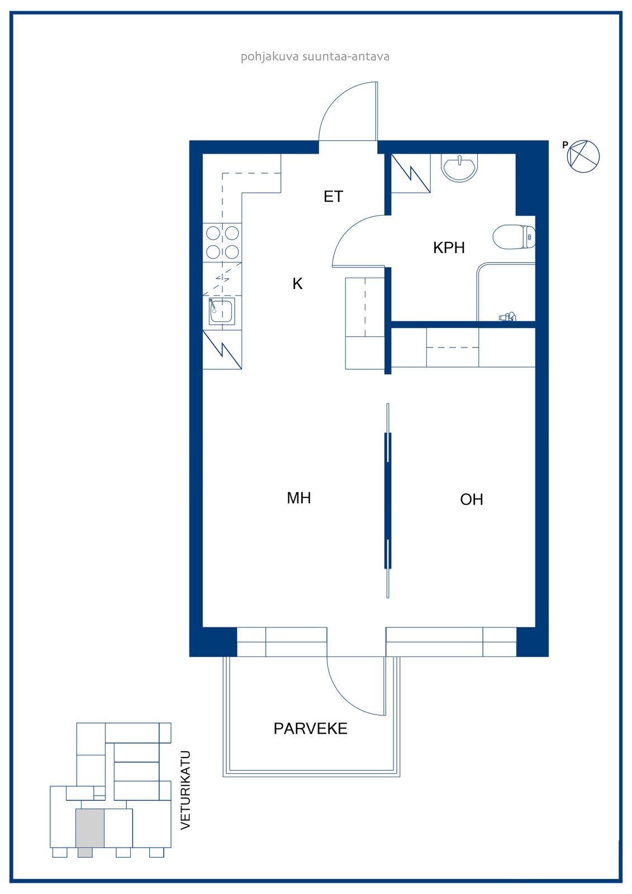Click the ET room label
point(334,196)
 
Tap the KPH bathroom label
point(449,248)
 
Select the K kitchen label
point(297,284)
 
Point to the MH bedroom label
point(298,498)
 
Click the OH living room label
point(472,500)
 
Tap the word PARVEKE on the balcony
point(310,729)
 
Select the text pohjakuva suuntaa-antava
point(315,56)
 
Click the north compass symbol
point(583,156)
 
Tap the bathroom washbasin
point(459,168)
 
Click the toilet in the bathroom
point(514,237)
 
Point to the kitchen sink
point(222,311)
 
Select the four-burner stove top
point(222,242)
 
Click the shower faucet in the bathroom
point(507,317)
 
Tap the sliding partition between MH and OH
point(388,501)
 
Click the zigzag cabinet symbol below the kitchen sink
point(222,350)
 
